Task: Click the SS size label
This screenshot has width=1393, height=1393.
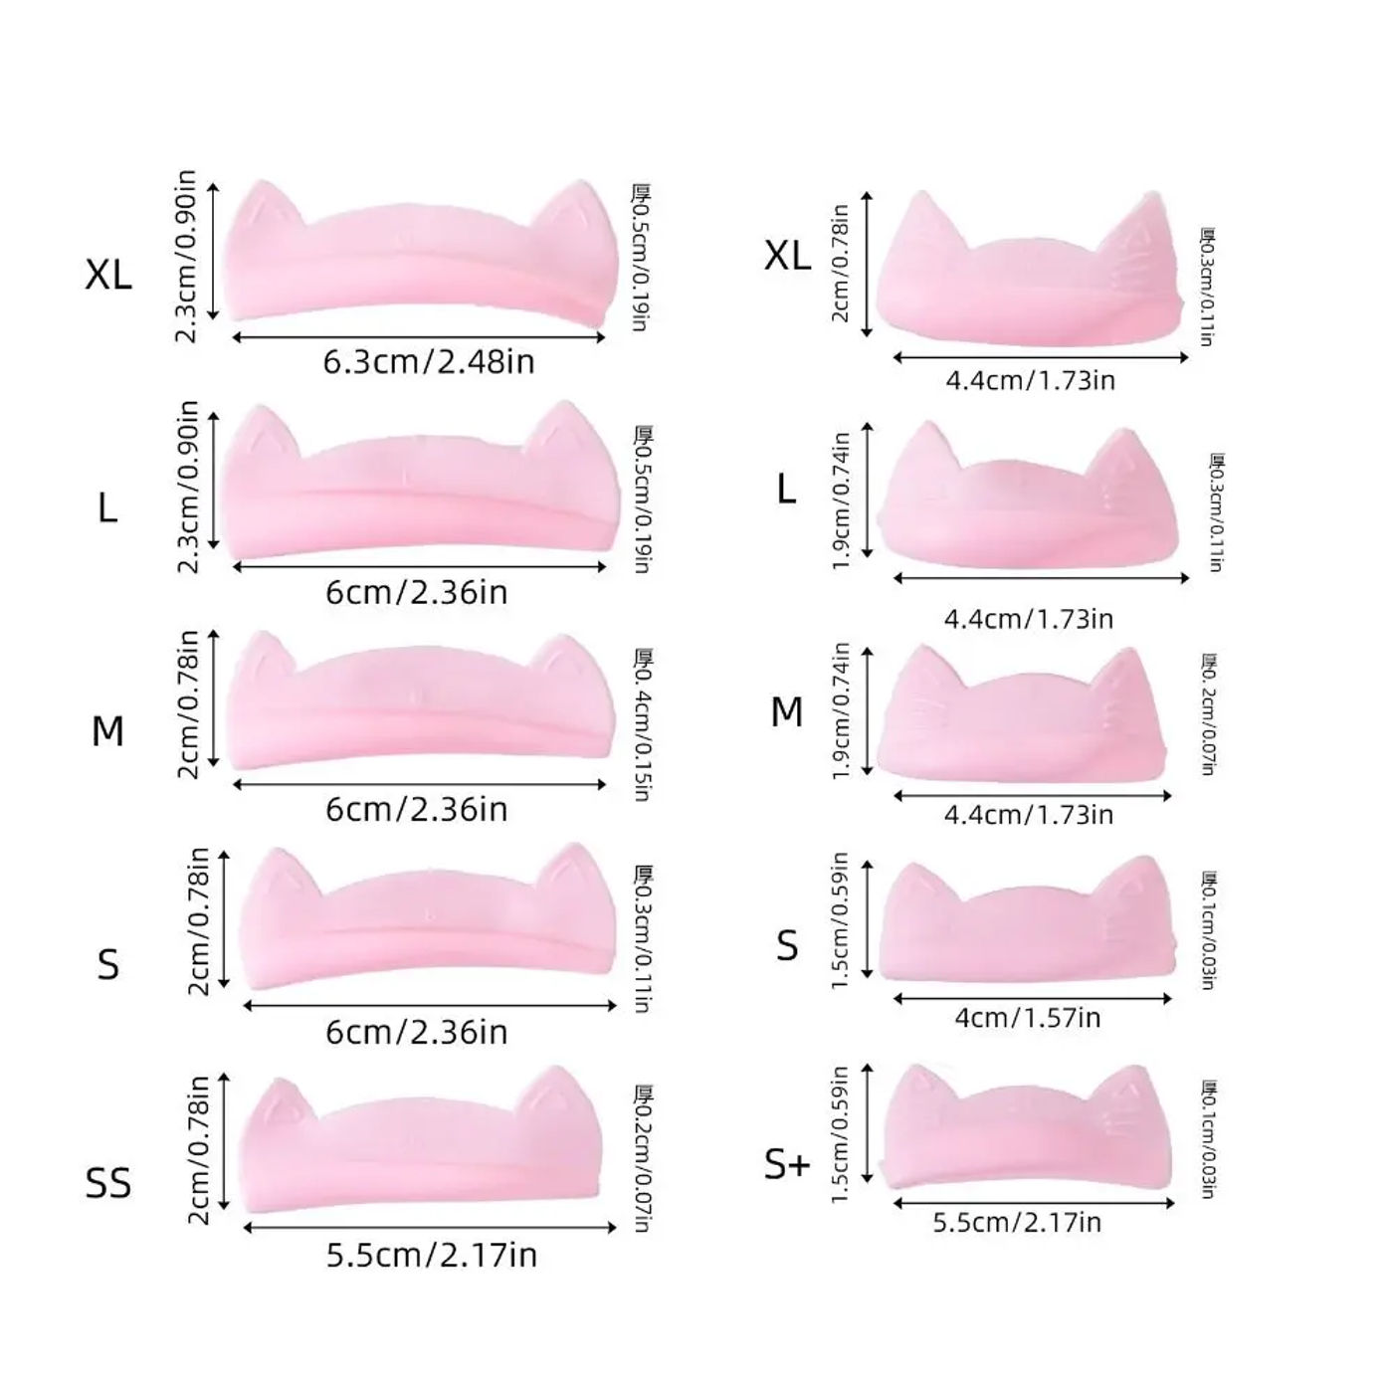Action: [108, 1183]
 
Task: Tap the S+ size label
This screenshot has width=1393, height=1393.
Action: [787, 1164]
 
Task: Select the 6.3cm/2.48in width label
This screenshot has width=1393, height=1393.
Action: [429, 361]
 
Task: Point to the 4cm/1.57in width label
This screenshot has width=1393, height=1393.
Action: [1027, 1018]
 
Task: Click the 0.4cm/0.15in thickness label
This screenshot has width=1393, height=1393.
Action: [643, 725]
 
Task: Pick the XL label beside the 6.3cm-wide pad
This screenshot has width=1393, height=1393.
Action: [108, 274]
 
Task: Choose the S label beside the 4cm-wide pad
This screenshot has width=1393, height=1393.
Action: [787, 945]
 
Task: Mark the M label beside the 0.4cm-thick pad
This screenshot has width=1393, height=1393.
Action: [107, 732]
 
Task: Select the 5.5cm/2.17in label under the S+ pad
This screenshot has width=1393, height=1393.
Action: [1017, 1222]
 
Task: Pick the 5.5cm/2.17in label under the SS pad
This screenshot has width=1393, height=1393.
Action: [432, 1256]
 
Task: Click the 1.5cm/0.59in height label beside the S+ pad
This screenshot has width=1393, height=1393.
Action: [840, 1134]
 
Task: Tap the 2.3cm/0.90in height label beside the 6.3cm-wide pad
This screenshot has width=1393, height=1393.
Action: [186, 257]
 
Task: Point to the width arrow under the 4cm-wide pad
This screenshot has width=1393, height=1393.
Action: [1032, 998]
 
